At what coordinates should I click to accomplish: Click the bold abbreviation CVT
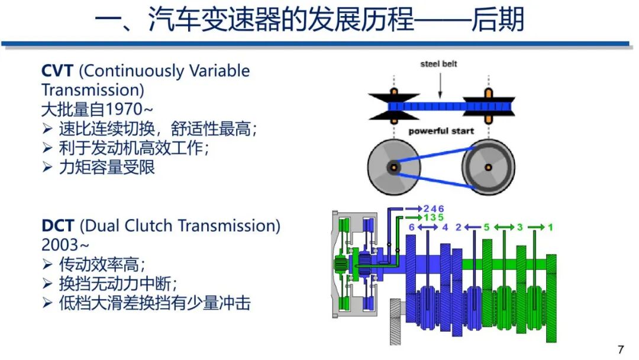click(x=57, y=71)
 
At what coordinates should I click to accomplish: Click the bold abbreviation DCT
click(x=57, y=226)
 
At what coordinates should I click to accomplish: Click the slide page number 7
click(x=621, y=349)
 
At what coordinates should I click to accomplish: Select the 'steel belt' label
click(x=438, y=63)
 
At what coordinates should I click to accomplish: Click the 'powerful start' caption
click(x=441, y=131)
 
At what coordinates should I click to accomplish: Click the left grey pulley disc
click(x=393, y=168)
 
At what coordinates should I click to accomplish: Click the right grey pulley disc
click(x=489, y=168)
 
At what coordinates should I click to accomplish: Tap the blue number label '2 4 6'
click(x=434, y=208)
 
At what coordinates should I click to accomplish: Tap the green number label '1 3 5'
click(x=434, y=217)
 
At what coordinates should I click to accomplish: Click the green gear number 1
click(x=550, y=227)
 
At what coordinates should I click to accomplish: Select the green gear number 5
click(x=485, y=227)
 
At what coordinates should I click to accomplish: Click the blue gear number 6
click(x=412, y=227)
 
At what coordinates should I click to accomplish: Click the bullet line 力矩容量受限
click(x=106, y=167)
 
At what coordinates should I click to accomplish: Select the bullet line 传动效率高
click(x=102, y=264)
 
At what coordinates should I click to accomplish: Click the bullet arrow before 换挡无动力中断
click(x=48, y=284)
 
